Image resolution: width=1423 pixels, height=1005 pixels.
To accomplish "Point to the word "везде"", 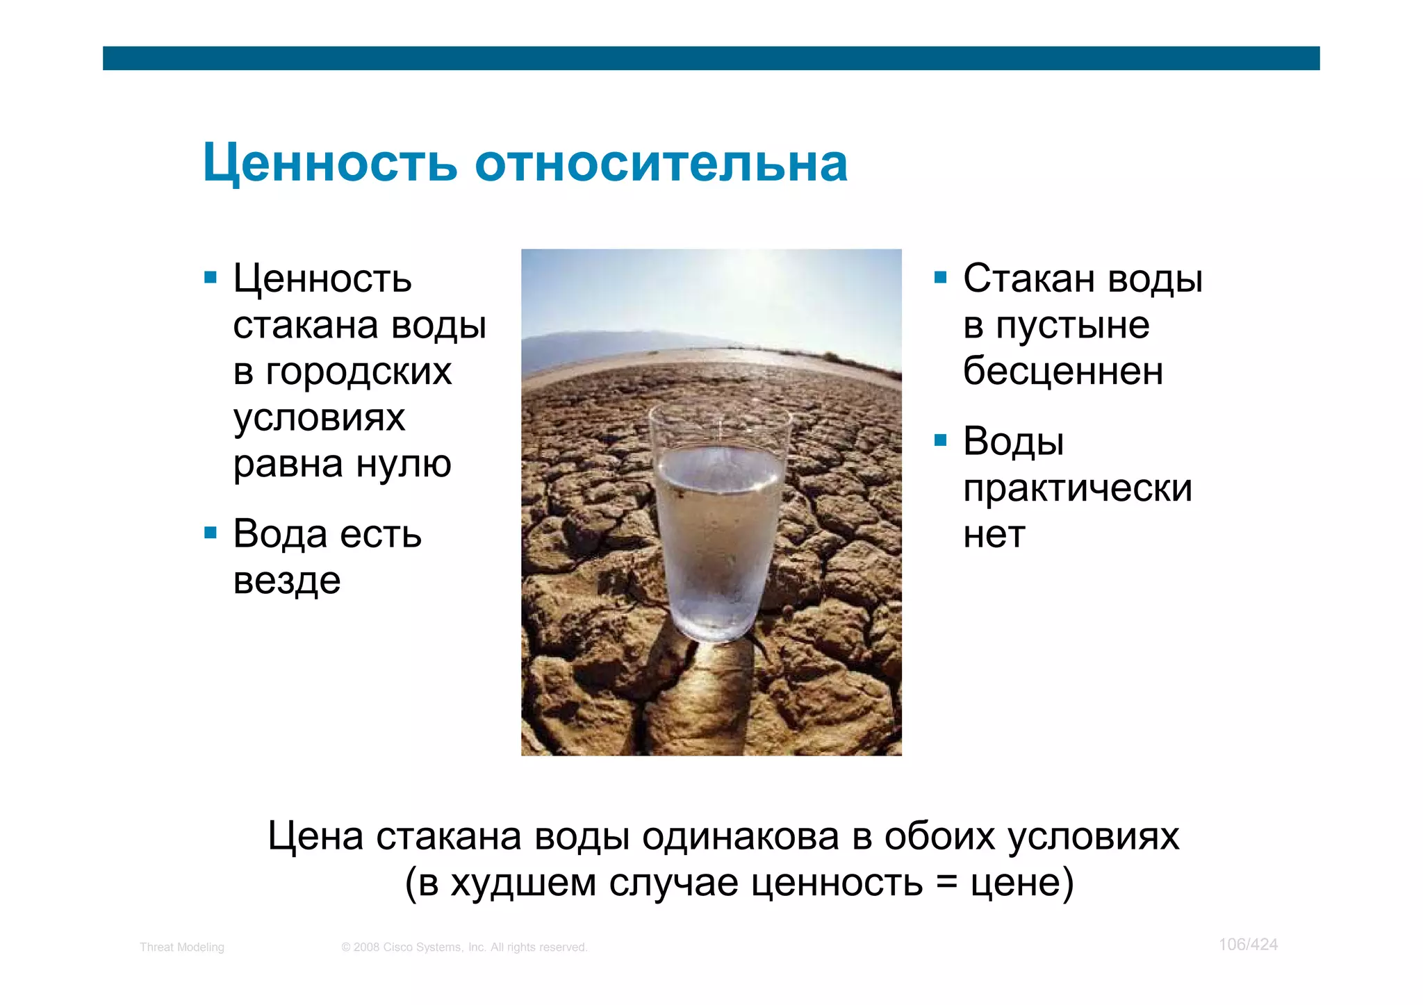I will pyautogui.click(x=287, y=581).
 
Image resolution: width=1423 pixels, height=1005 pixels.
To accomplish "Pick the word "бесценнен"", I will pyautogui.click(x=1062, y=372).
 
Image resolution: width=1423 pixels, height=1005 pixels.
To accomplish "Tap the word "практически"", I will pyautogui.click(x=1077, y=488).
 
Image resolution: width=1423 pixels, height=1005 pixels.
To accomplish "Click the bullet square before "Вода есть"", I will pyautogui.click(x=211, y=533).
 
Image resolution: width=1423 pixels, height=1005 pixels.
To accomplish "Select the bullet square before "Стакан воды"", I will pyautogui.click(x=941, y=278).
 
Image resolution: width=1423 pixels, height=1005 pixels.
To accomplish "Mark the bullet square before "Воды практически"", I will pyautogui.click(x=941, y=440).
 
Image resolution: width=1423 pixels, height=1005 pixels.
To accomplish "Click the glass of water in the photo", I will pyautogui.click(x=718, y=528).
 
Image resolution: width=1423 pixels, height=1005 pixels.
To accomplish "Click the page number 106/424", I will pyautogui.click(x=1248, y=945).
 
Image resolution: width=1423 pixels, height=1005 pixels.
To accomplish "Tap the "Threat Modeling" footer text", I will pyautogui.click(x=182, y=947).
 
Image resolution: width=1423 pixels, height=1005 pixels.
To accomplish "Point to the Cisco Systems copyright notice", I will pyautogui.click(x=464, y=947).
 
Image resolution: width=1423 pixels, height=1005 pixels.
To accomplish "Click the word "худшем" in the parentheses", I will pyautogui.click(x=523, y=883).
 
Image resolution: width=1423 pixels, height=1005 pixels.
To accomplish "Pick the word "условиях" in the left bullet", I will pyautogui.click(x=319, y=418).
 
